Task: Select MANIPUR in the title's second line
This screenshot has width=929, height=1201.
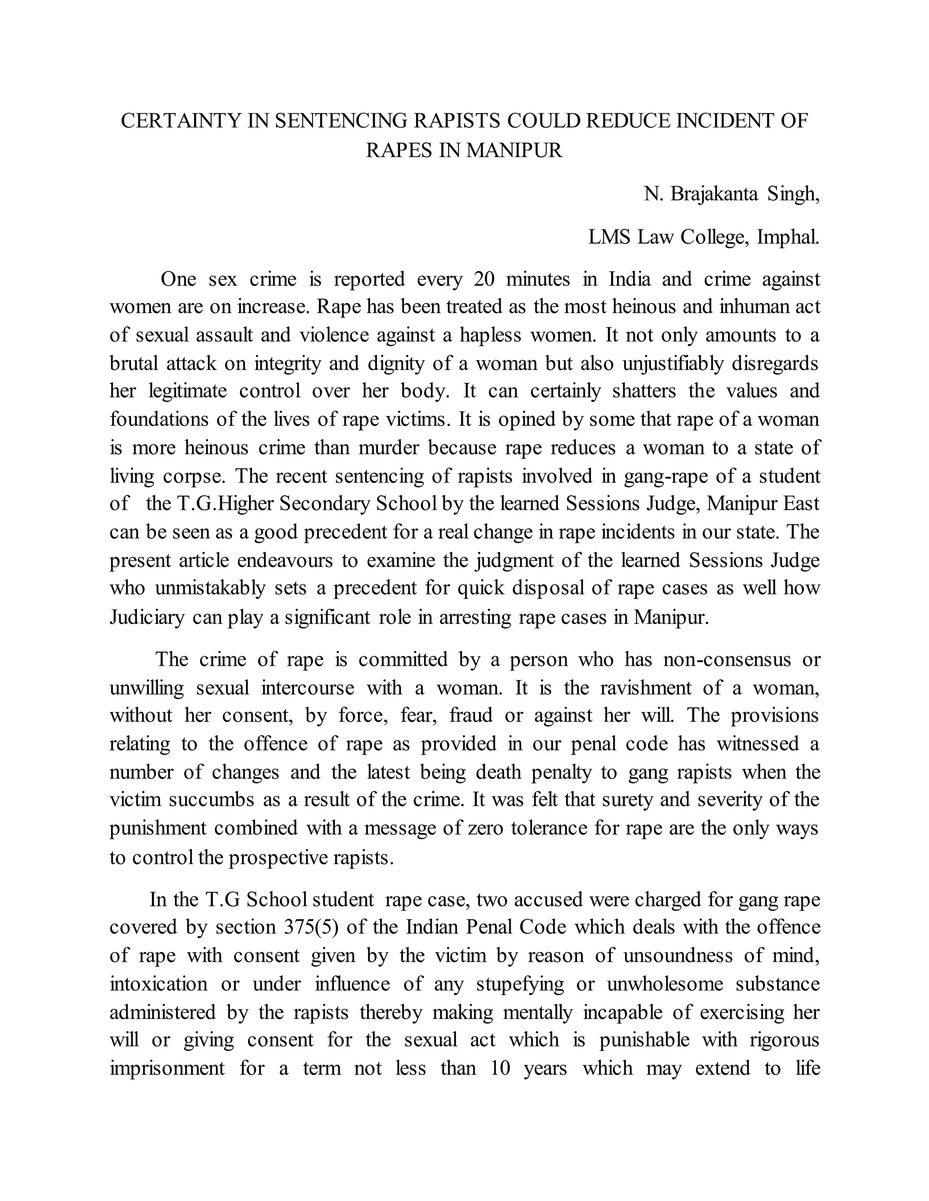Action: tap(514, 150)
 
